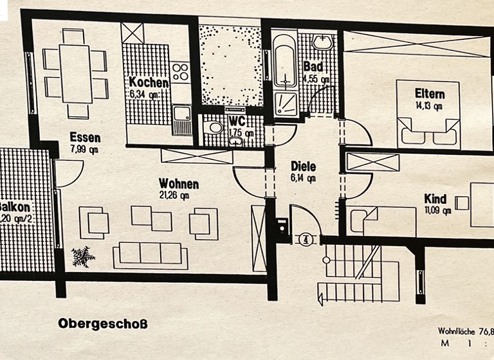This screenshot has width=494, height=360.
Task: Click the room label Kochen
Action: point(149,83)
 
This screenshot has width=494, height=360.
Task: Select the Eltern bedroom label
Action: point(430,94)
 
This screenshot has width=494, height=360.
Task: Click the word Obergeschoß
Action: point(103,323)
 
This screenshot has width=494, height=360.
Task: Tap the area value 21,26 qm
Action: point(174,196)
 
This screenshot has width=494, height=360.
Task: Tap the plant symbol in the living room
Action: point(83,256)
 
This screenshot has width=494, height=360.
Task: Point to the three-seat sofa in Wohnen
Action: point(151,255)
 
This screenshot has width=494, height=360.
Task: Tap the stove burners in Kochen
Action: point(181,71)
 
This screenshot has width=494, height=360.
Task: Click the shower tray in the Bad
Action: point(286,103)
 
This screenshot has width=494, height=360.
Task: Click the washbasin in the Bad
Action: point(322,42)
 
